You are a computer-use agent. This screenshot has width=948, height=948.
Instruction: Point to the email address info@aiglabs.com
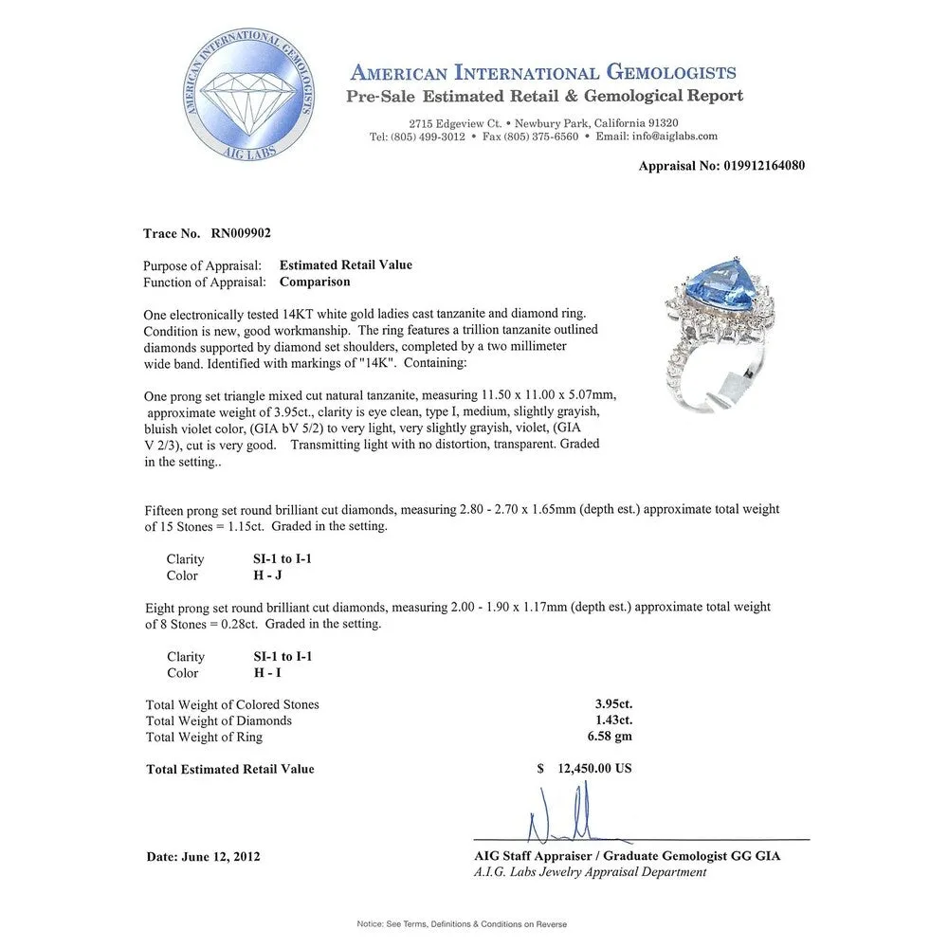click(x=674, y=137)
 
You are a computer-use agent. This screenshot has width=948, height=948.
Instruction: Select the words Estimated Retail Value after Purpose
click(x=346, y=265)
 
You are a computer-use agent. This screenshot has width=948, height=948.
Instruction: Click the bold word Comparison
click(x=315, y=282)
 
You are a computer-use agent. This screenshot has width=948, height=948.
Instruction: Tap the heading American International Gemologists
click(x=543, y=73)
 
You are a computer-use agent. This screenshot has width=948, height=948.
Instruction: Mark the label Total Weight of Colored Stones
click(x=232, y=704)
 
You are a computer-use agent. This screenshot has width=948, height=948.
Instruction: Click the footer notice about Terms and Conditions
click(x=462, y=923)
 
